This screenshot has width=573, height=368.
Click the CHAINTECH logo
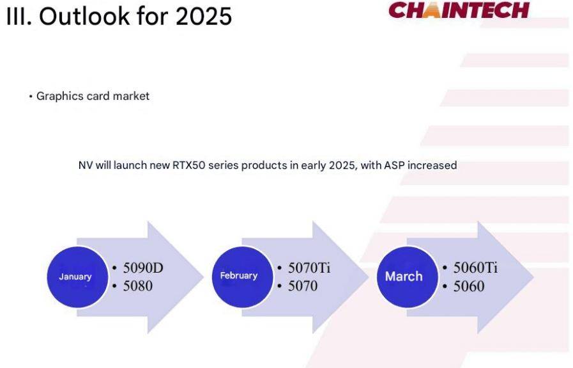pos(459,10)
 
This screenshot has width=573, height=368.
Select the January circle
pos(77,277)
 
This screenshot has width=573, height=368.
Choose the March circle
pos(408,277)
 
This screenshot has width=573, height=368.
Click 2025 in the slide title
pos(204,16)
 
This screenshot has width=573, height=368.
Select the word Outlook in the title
pos(85,16)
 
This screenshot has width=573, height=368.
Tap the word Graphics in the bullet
pos(60,96)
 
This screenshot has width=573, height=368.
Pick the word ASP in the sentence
pos(394,166)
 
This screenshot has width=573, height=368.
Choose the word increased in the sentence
pos(432,166)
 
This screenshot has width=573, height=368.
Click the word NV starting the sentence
pos(86,166)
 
